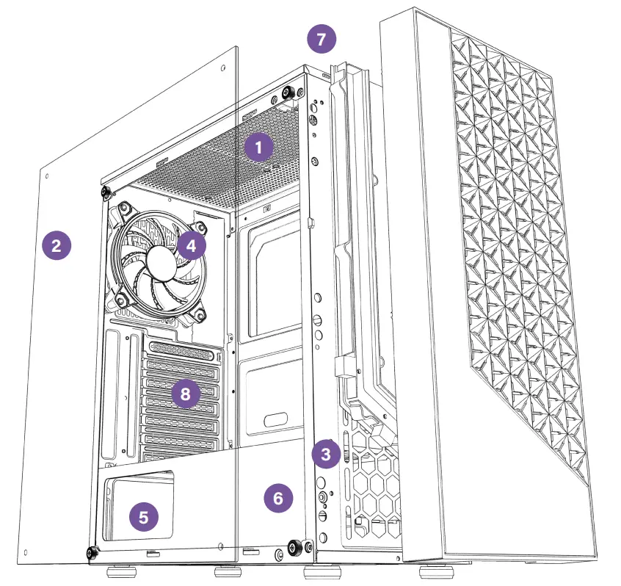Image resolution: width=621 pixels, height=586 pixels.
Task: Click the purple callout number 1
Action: coord(258,147)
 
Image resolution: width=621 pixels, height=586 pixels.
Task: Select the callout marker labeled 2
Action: coord(57,245)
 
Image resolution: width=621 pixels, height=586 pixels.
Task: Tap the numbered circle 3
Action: coord(326,454)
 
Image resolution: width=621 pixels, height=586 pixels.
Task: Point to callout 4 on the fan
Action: coord(190,245)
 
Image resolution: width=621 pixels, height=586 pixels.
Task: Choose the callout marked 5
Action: coord(143,516)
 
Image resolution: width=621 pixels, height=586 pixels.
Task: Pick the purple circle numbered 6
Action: coord(277,498)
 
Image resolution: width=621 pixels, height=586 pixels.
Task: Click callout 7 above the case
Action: coord(321,40)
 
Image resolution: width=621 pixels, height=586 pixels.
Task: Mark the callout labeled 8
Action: coord(185,394)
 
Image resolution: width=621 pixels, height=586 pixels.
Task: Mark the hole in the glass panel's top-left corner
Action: coord(46,177)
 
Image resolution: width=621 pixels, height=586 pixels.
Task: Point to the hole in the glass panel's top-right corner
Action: coord(223,67)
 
